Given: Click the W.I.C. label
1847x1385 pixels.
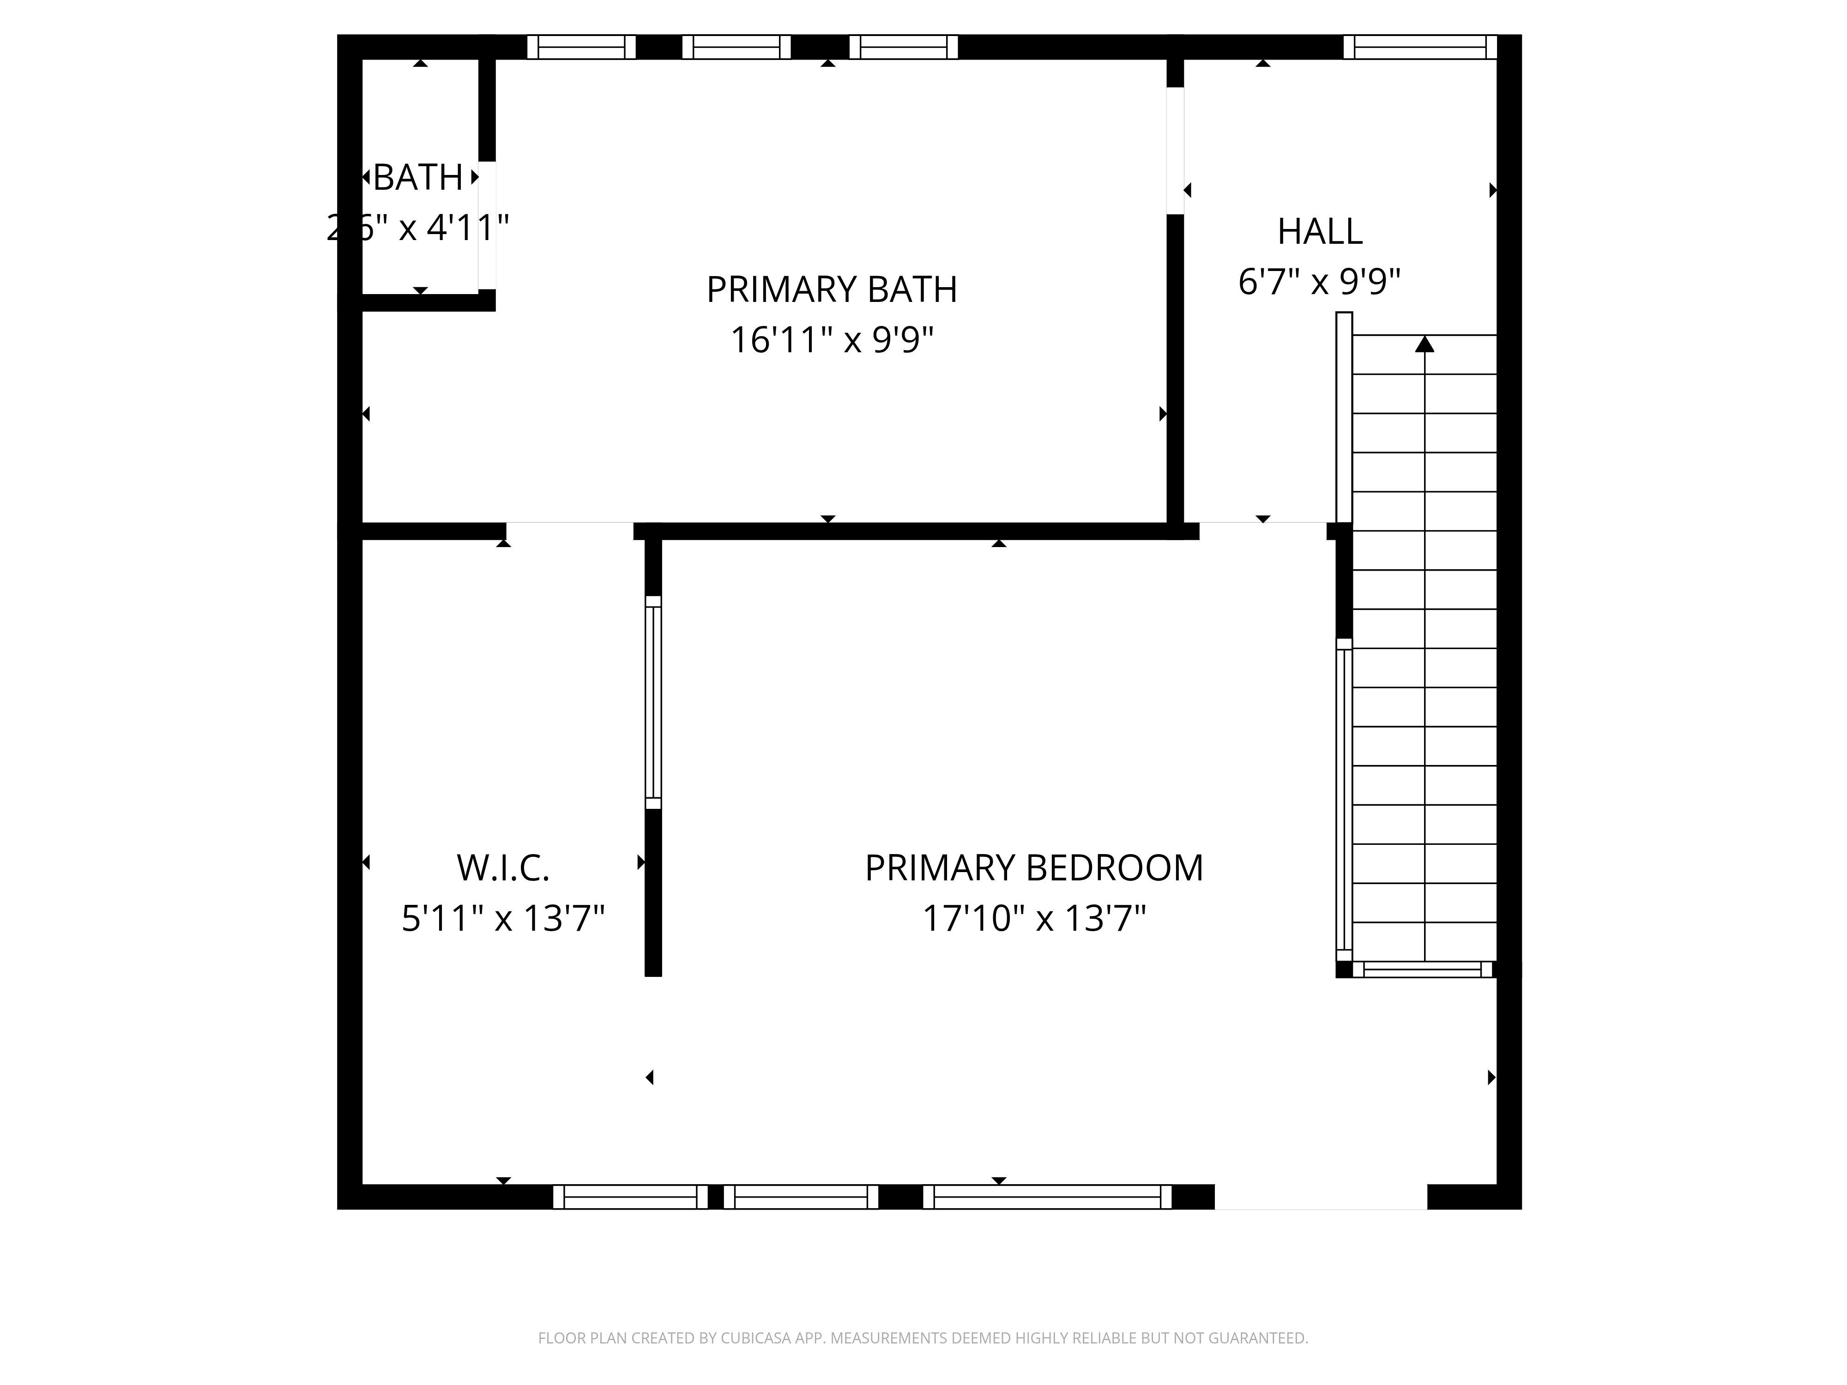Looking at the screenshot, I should (x=503, y=868).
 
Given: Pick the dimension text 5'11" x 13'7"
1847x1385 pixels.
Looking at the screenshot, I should (x=503, y=919).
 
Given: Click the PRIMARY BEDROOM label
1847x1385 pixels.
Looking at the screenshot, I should (x=1034, y=868).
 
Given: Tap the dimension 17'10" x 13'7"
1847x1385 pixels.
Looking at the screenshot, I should (x=1034, y=919).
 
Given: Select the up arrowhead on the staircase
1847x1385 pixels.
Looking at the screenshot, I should (x=1424, y=344).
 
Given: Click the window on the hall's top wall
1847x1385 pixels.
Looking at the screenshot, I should (x=1419, y=47).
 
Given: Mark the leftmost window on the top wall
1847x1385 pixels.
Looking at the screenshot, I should (x=581, y=47).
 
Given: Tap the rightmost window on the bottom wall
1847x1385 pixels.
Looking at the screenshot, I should (x=1047, y=1197).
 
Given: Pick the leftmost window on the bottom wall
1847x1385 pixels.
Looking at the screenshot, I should (x=630, y=1197).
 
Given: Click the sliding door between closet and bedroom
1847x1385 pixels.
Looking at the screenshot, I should (x=653, y=702).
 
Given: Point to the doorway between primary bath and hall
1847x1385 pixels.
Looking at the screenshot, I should (x=1175, y=150).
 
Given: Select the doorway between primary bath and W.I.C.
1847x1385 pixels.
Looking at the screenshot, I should (x=569, y=531).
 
